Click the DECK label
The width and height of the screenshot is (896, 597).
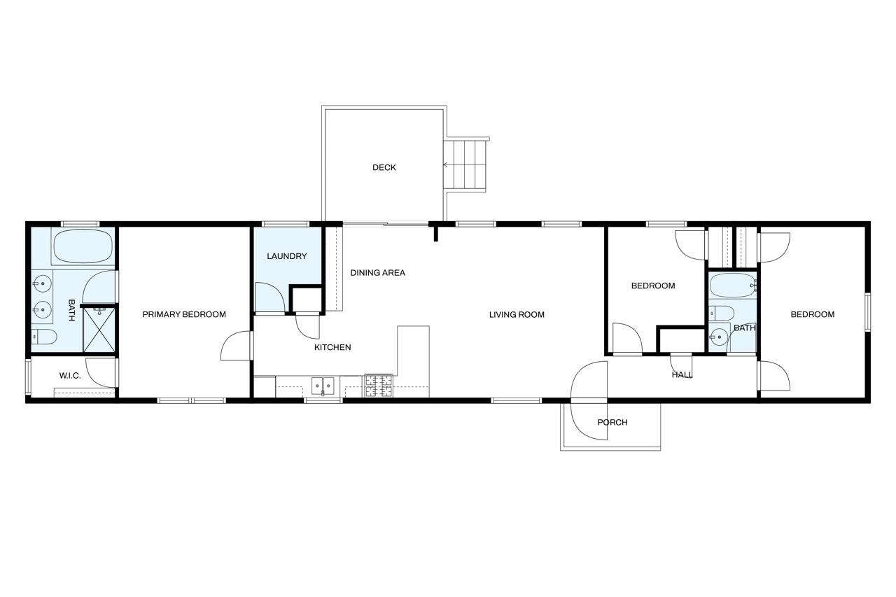(x=384, y=167)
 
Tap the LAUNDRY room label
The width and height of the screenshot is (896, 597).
(x=287, y=256)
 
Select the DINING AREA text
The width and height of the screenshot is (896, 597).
(x=377, y=273)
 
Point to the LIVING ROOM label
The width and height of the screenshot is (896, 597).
(x=517, y=315)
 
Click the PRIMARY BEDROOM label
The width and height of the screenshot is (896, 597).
(x=184, y=315)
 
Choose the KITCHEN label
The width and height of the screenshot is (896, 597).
(x=332, y=347)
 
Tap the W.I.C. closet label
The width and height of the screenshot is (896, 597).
(x=70, y=376)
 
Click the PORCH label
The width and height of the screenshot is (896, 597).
(x=612, y=422)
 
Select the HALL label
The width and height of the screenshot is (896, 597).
(x=682, y=375)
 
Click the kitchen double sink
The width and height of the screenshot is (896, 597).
(x=323, y=386)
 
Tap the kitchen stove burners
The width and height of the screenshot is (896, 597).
(x=379, y=386)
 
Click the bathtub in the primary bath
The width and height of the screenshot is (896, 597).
(x=83, y=246)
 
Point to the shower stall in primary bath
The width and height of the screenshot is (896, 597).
(x=99, y=330)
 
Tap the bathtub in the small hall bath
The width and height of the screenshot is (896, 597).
(x=733, y=286)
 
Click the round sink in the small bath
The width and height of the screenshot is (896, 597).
(x=719, y=337)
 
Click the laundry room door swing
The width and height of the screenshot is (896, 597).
(x=270, y=297)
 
